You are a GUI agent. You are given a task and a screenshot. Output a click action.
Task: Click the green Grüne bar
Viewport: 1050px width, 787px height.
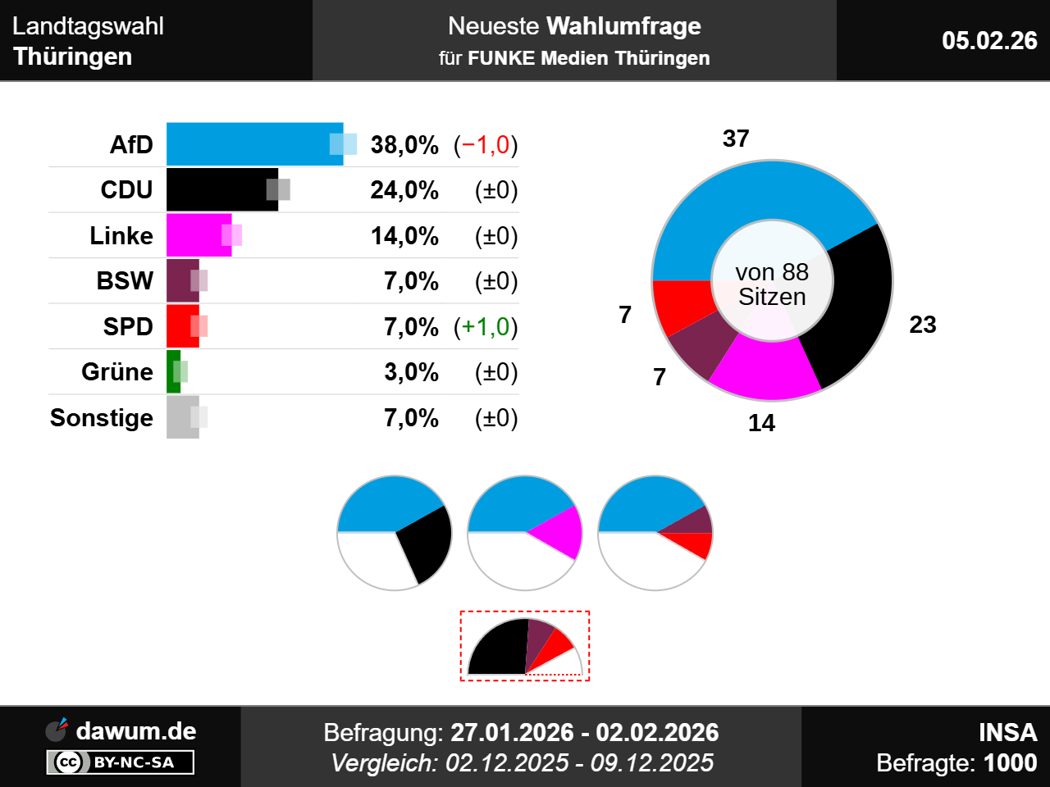(173, 372)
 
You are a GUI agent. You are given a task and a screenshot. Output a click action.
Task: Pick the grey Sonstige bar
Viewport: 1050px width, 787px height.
(182, 417)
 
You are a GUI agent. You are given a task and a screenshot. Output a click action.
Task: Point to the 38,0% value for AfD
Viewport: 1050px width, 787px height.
(404, 145)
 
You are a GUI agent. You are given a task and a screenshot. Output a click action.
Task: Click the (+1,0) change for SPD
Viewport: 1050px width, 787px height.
(486, 327)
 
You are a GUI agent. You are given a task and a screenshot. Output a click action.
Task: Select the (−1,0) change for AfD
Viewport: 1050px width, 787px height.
(486, 145)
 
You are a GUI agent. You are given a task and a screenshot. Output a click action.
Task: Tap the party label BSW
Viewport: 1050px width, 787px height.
(125, 281)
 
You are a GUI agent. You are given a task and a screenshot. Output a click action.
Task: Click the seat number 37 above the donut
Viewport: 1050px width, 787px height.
(736, 139)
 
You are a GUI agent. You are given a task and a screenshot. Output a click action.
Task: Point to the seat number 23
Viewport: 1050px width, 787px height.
(923, 325)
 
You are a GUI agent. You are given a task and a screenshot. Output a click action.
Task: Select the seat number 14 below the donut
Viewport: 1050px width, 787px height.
(761, 423)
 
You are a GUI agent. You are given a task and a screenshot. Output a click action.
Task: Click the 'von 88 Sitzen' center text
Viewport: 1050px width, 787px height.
(772, 284)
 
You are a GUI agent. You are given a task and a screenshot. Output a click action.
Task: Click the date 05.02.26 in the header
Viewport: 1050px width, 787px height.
(989, 40)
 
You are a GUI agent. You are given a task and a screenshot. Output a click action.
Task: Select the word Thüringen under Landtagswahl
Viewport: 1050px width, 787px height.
(73, 57)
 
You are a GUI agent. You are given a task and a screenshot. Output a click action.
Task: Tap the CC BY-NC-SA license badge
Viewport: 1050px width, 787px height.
(121, 762)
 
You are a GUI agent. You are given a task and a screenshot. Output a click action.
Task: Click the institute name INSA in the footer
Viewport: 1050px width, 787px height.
(1007, 732)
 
